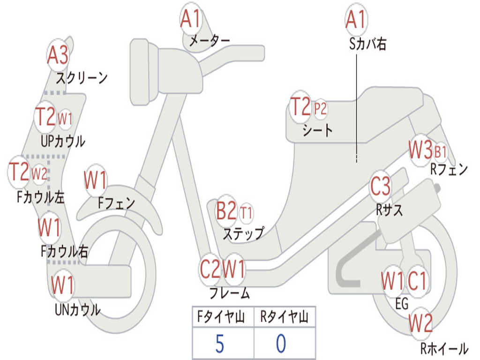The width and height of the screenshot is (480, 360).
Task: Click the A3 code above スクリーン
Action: [x=58, y=55]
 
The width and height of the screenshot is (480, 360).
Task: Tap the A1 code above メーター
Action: [x=190, y=19]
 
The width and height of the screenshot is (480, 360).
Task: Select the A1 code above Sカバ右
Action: [x=356, y=19]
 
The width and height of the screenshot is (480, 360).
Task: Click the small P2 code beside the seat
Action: [x=320, y=108]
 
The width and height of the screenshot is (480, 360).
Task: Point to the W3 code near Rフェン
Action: [x=420, y=150]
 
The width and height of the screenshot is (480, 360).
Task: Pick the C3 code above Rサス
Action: [x=380, y=186]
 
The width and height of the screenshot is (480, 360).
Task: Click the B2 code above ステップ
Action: [x=226, y=210]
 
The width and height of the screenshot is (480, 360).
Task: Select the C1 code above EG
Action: [x=417, y=281]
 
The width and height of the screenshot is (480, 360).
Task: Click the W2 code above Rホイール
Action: [x=420, y=323]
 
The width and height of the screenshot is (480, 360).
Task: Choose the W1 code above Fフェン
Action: [x=95, y=180]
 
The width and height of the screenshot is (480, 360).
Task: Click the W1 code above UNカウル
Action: [x=62, y=285]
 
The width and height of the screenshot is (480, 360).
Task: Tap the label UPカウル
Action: [x=63, y=141]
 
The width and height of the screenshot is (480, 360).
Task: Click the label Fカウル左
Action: [x=41, y=197]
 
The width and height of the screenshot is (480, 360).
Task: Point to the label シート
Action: [x=317, y=130]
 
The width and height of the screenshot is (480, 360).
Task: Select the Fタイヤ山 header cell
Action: [x=221, y=316]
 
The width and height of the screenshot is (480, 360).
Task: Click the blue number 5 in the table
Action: [x=220, y=344]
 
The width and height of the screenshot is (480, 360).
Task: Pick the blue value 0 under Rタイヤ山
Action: [x=281, y=344]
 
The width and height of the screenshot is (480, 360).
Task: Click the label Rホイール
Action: [x=444, y=348]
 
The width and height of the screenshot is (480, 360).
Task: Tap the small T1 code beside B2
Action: [x=246, y=212]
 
